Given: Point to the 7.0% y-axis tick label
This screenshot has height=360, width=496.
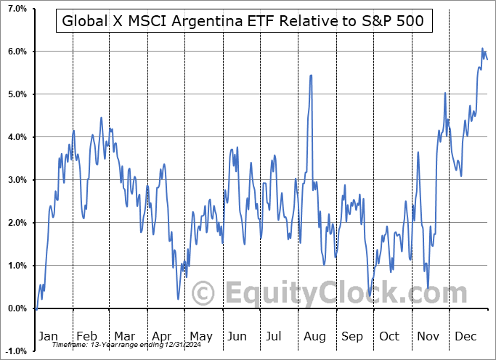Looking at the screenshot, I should coord(17,9).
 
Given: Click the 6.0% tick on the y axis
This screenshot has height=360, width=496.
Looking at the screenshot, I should coord(17,52).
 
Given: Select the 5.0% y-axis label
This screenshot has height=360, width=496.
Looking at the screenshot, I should coord(17,94).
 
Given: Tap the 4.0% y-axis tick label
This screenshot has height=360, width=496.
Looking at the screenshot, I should coord(17,137).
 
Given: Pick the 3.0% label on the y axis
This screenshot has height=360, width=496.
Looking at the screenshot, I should coord(17,180).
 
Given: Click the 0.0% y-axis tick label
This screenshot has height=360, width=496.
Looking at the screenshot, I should coord(17,308).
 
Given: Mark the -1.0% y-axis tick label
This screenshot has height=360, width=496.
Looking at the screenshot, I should coord(15,351).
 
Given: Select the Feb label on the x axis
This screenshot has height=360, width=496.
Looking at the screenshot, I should coord(88,336).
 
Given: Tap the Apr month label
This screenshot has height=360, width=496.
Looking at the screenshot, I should coord(162,336).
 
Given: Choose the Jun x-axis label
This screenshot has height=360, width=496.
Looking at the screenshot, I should coord(237,336).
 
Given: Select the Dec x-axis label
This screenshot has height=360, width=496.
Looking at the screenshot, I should coord(465,336).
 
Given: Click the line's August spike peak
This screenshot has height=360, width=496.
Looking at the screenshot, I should coord(311,75).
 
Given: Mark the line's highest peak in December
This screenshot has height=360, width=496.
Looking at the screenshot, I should coord(482,49).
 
